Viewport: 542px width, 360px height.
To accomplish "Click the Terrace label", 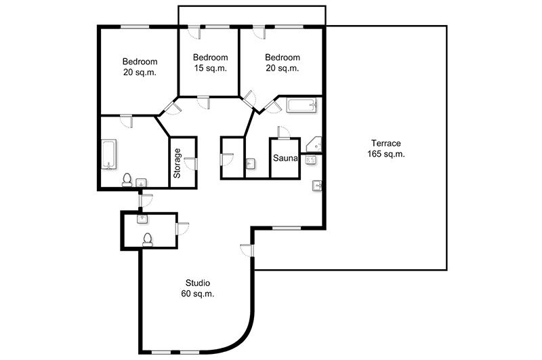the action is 385,143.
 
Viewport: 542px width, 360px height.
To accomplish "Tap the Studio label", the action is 198,283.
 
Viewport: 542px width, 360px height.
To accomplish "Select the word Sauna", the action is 285,158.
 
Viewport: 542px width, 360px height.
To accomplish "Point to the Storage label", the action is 177,163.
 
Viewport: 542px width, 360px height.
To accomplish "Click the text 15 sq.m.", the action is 211,68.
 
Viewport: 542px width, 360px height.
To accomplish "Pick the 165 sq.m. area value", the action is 385,154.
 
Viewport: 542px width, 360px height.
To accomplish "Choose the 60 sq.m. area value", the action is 198,294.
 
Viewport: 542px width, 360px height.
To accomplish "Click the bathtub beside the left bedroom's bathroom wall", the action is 109,155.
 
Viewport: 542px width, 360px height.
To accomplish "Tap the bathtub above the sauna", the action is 301,106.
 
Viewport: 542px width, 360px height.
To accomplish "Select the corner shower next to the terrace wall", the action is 316,144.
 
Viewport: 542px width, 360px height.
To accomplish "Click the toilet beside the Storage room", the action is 127,180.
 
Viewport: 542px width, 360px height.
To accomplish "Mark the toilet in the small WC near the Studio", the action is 148,239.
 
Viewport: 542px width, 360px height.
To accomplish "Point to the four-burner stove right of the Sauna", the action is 310,160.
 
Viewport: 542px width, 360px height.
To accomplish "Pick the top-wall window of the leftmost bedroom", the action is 135,26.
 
